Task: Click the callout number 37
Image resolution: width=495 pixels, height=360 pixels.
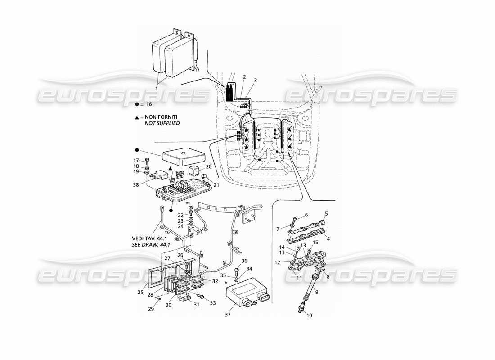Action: point(228,315)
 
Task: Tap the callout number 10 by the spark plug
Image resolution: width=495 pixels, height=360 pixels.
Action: point(309,315)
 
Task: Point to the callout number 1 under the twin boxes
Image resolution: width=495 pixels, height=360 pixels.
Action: point(156,89)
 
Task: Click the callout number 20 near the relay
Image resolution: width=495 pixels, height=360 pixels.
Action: point(208,166)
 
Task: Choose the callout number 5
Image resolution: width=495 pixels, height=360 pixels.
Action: point(326,214)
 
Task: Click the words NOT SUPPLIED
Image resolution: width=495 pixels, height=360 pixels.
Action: point(162,123)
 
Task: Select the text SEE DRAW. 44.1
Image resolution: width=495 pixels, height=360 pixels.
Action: point(151,245)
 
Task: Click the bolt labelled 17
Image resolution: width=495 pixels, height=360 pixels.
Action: point(147,162)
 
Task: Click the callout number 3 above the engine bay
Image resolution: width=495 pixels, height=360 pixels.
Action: point(255,81)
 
